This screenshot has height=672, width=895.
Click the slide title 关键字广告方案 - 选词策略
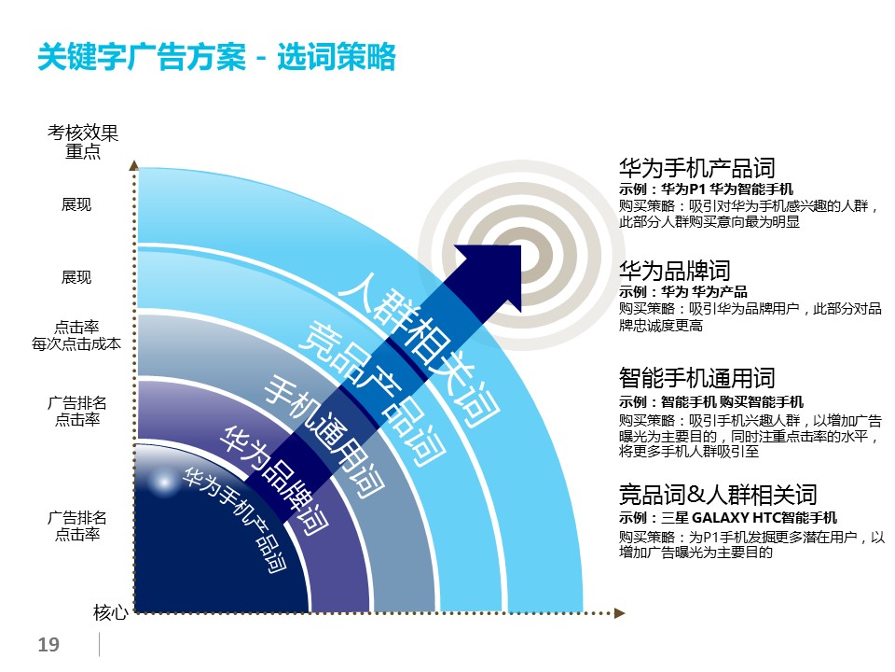tap(216, 57)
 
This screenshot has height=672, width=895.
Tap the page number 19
tap(48, 645)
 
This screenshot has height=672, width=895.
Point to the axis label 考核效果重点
tap(83, 142)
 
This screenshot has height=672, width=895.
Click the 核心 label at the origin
tap(110, 612)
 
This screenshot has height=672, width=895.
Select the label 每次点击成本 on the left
tap(76, 344)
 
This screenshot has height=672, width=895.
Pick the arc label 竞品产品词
tap(372, 394)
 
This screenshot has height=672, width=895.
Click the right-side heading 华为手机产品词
tap(697, 168)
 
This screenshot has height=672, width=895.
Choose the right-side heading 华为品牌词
tap(675, 271)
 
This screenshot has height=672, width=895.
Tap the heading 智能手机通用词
tap(697, 378)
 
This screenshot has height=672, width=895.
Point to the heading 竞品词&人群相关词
tap(718, 495)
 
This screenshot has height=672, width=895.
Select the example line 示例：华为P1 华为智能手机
tap(706, 189)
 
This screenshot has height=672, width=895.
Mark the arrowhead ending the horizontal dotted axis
tap(620, 613)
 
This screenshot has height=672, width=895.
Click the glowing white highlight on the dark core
tap(164, 483)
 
